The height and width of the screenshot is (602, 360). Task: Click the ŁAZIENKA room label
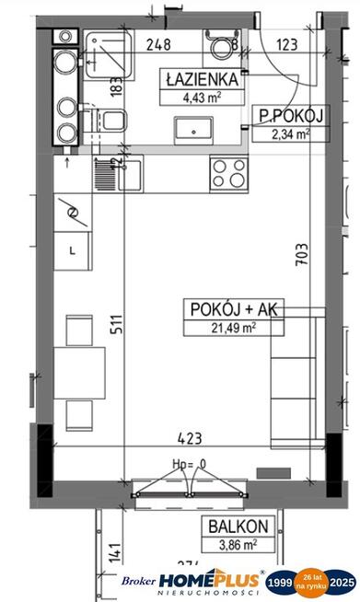pyautogui.click(x=202, y=79)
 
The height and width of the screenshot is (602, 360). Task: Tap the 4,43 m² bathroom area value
pyautogui.click(x=202, y=95)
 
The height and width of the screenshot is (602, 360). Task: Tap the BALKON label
pyautogui.click(x=238, y=527)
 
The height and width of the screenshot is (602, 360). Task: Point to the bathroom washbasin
pyautogui.click(x=198, y=126)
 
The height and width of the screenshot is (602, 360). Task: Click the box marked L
pyautogui.click(x=73, y=249)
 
